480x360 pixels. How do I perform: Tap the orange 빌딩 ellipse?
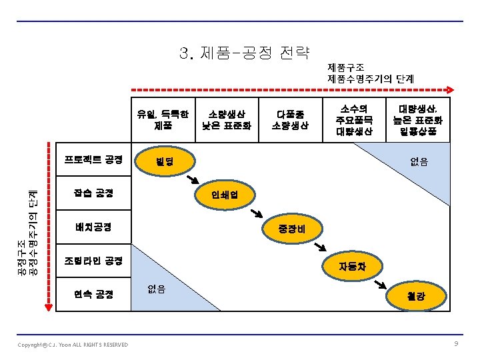click(165, 162)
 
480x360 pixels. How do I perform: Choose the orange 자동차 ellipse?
click(352, 267)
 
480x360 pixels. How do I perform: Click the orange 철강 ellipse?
click(416, 296)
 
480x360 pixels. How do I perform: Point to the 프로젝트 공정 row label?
click(93, 160)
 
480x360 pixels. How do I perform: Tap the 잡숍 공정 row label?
click(93, 193)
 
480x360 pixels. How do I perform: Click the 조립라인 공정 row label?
click(93, 260)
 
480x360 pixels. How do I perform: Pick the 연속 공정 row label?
click(93, 294)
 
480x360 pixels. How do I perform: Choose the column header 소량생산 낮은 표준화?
click(227, 119)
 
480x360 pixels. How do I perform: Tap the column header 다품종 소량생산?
click(291, 119)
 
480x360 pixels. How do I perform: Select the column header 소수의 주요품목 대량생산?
click(354, 119)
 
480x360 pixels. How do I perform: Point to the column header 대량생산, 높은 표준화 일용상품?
click(419, 119)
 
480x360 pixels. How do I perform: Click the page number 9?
click(456, 343)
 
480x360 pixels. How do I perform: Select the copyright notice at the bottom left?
click(73, 344)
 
